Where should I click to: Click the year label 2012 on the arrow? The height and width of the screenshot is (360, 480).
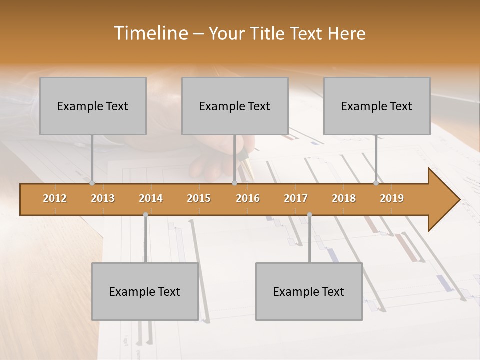55,198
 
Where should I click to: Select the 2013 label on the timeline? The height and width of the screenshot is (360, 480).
103,198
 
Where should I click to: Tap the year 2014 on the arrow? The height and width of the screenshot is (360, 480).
151,198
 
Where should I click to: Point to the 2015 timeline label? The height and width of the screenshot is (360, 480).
199,198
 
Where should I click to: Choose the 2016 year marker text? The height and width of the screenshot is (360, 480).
248,198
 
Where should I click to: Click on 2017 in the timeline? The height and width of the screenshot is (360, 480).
296,198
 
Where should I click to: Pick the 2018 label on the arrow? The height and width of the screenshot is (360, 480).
344,198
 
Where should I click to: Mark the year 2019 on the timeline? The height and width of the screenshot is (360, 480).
392,198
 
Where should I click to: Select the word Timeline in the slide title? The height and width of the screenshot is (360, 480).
150,33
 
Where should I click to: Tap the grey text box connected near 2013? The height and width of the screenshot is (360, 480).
93,106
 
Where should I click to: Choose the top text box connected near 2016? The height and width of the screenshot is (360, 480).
235,106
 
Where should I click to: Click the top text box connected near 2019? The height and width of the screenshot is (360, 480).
377,106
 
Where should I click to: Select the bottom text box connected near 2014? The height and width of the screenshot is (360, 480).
145,291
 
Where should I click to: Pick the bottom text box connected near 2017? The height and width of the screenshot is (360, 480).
309,291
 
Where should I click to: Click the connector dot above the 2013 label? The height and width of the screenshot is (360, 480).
92,183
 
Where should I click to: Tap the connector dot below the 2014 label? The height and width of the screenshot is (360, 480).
145,215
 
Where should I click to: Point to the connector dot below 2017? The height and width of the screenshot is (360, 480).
309,215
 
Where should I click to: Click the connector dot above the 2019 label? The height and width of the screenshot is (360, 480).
376,183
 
